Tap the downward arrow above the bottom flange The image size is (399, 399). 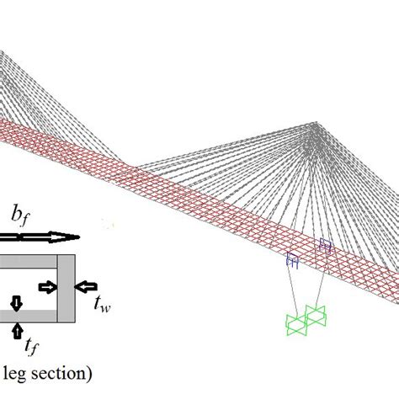[x=15, y=301]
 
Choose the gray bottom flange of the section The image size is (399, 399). [x=34, y=317]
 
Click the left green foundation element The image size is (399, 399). [x=296, y=324]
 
